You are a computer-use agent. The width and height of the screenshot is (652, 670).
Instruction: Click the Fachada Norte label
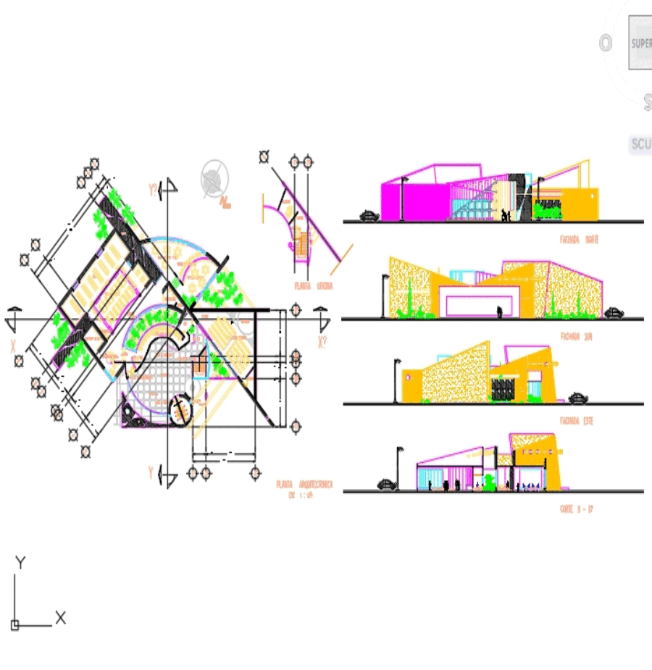click(x=578, y=238)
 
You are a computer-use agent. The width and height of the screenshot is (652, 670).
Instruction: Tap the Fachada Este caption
click(x=577, y=420)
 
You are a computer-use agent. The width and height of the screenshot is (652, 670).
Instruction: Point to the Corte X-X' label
click(x=577, y=509)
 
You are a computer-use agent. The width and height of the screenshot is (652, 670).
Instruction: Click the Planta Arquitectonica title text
click(x=304, y=485)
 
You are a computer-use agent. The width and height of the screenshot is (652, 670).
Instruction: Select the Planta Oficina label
click(x=314, y=286)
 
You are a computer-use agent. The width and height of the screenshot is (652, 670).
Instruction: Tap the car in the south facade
click(x=614, y=313)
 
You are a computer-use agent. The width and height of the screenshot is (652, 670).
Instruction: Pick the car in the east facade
click(x=578, y=398)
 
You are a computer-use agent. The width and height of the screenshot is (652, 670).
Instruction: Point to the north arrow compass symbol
click(x=214, y=178)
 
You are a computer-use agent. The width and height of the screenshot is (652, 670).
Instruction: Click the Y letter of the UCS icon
click(x=21, y=563)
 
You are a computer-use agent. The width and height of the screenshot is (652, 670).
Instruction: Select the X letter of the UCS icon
click(x=61, y=618)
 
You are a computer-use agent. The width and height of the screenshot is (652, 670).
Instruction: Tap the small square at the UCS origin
click(x=14, y=625)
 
